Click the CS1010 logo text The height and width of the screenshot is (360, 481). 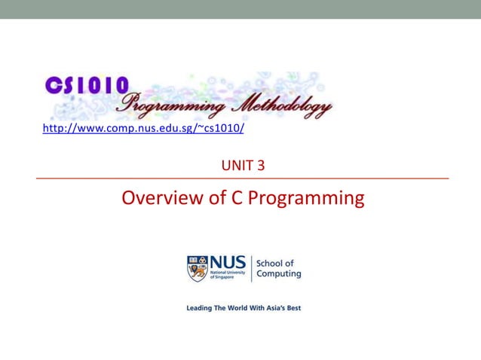[x=87, y=85]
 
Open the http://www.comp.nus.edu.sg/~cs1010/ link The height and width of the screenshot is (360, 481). [x=143, y=129]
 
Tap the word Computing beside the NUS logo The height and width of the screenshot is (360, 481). [x=279, y=274]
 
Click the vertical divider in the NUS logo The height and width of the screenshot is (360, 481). [x=251, y=268]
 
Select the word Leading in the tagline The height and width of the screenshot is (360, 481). [x=201, y=308]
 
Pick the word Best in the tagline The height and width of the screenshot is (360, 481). [x=293, y=308]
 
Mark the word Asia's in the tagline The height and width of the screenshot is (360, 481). [x=273, y=308]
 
